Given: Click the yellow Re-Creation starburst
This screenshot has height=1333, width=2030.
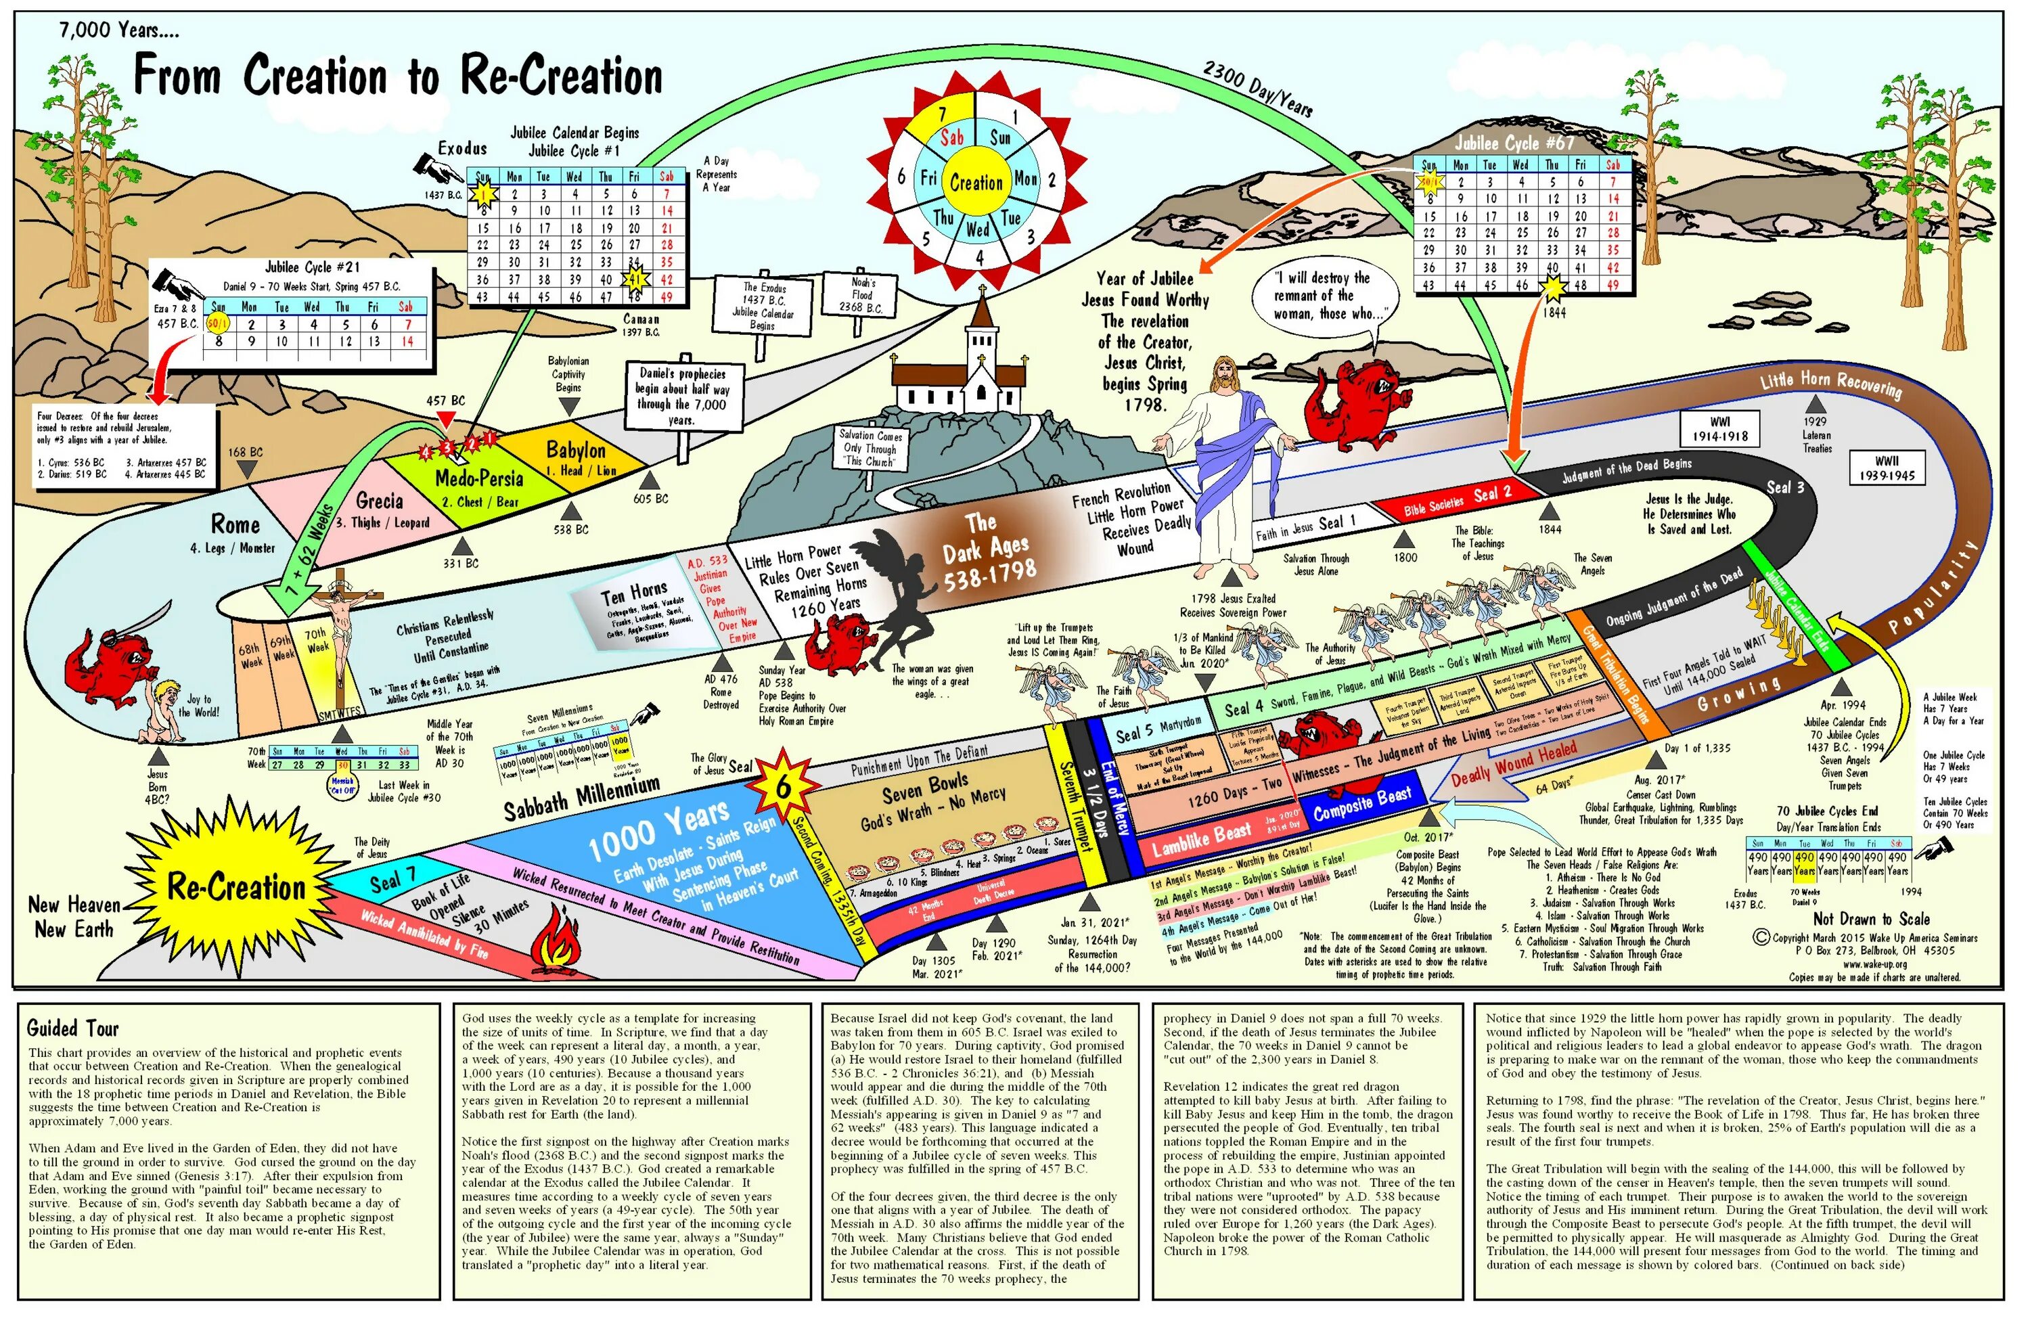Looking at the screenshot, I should pos(235,887).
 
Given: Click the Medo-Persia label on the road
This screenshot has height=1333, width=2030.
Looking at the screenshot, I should pos(478,478).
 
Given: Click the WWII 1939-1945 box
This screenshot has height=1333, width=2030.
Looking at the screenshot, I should pos(1887,468).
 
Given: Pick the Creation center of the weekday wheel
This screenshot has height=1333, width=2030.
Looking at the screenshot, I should pos(976,181).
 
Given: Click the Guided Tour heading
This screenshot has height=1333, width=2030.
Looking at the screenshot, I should pos(73,1028).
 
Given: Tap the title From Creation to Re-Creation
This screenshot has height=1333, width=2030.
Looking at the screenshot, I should pos(397,75).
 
